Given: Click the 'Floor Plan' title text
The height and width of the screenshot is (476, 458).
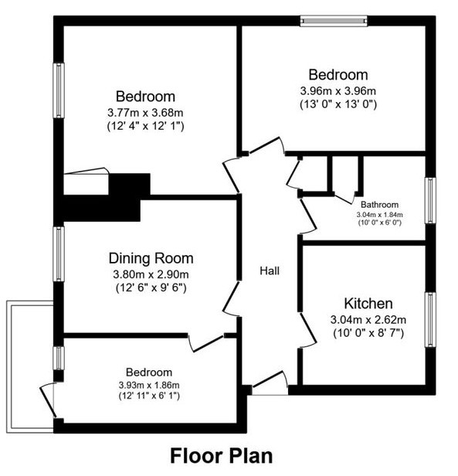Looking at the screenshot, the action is tap(221, 456).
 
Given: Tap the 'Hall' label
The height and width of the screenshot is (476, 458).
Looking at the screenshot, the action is tap(270, 270).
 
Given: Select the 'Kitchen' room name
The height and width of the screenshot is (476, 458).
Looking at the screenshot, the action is tap(368, 303).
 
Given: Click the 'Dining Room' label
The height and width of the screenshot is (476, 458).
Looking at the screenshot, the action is tap(151, 258).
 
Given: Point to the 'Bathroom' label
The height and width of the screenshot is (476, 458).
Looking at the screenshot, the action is tap(379, 205).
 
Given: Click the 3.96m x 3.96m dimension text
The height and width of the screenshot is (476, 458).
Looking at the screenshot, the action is tap(338, 90).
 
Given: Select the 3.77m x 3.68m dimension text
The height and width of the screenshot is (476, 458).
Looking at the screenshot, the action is tap(145, 113).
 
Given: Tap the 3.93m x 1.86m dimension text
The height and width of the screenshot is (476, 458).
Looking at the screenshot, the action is tap(149, 386).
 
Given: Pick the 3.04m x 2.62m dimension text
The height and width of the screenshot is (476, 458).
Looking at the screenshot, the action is tap(368, 320).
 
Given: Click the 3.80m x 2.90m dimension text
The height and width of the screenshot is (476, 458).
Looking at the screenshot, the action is tap(151, 275).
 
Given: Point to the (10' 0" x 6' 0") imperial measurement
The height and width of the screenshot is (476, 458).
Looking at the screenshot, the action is tap(380, 223).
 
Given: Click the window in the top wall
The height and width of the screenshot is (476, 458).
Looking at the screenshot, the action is tap(334, 21).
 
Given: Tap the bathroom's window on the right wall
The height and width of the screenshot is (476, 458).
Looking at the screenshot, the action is tap(430, 201).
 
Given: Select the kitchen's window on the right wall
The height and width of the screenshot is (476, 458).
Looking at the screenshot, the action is tap(430, 319).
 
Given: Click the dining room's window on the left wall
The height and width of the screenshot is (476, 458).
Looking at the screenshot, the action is tap(59, 254).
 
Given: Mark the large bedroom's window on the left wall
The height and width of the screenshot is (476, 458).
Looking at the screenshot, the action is tap(59, 90).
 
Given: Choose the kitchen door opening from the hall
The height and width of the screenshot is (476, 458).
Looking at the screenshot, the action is tap(308, 331).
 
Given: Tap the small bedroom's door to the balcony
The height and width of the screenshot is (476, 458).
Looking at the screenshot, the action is tap(48, 400).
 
